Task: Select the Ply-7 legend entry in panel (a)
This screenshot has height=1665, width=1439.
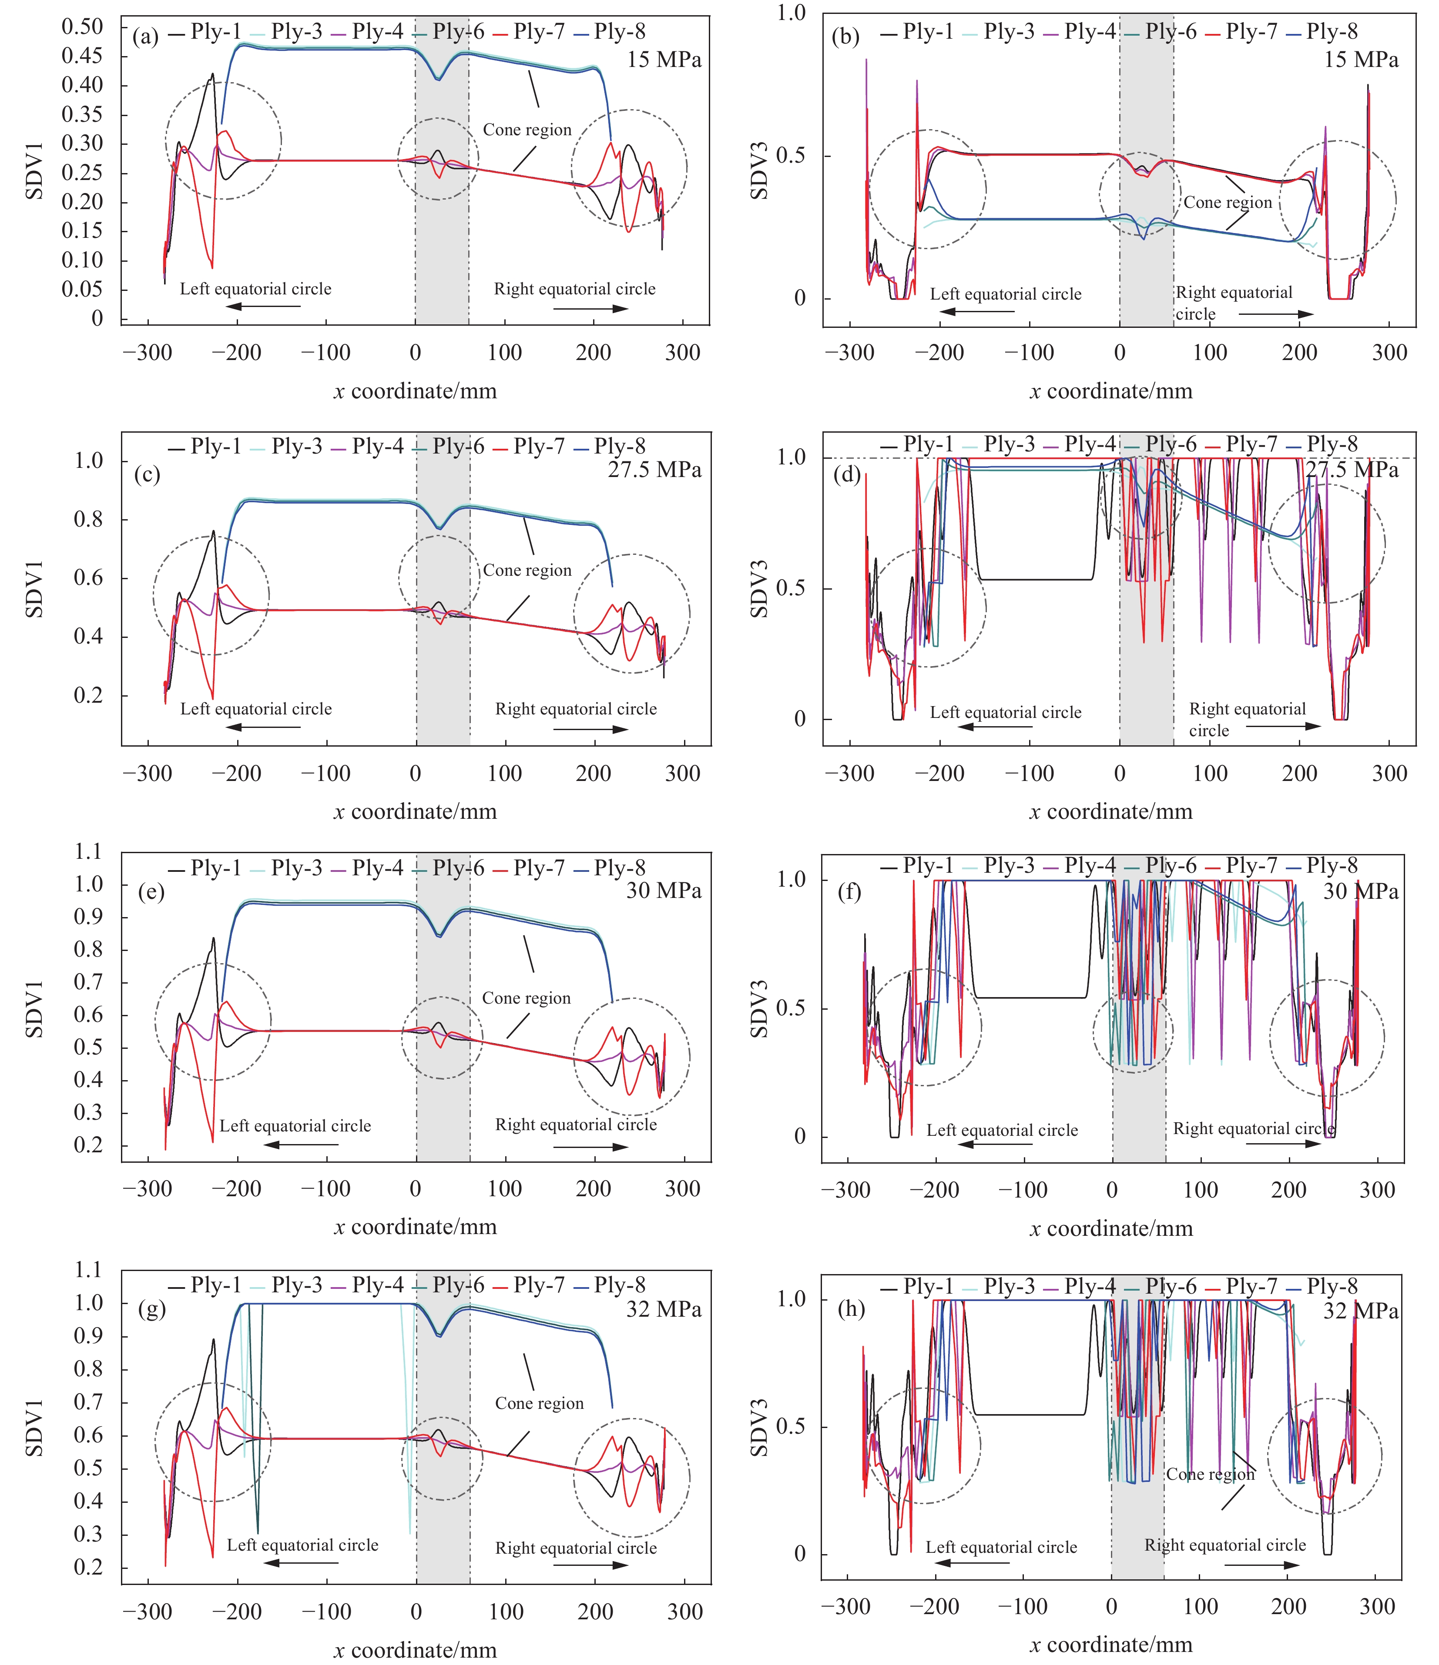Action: [x=530, y=32]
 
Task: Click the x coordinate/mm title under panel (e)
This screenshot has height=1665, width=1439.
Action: [x=415, y=1227]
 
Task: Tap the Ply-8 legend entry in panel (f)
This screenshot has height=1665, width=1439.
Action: [x=1322, y=865]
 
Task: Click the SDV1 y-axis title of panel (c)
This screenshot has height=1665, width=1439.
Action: [x=34, y=589]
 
